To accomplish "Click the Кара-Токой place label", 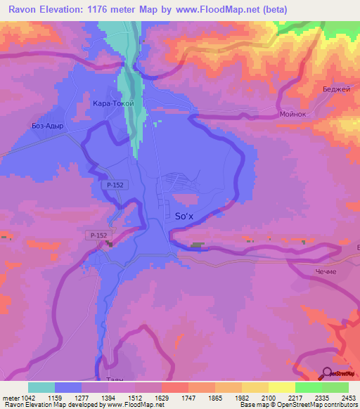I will point(113,103).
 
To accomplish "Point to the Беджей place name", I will point(335,90).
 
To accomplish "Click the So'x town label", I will point(181,218).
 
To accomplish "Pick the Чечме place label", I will point(326,272).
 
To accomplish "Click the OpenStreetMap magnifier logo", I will point(326,373).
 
